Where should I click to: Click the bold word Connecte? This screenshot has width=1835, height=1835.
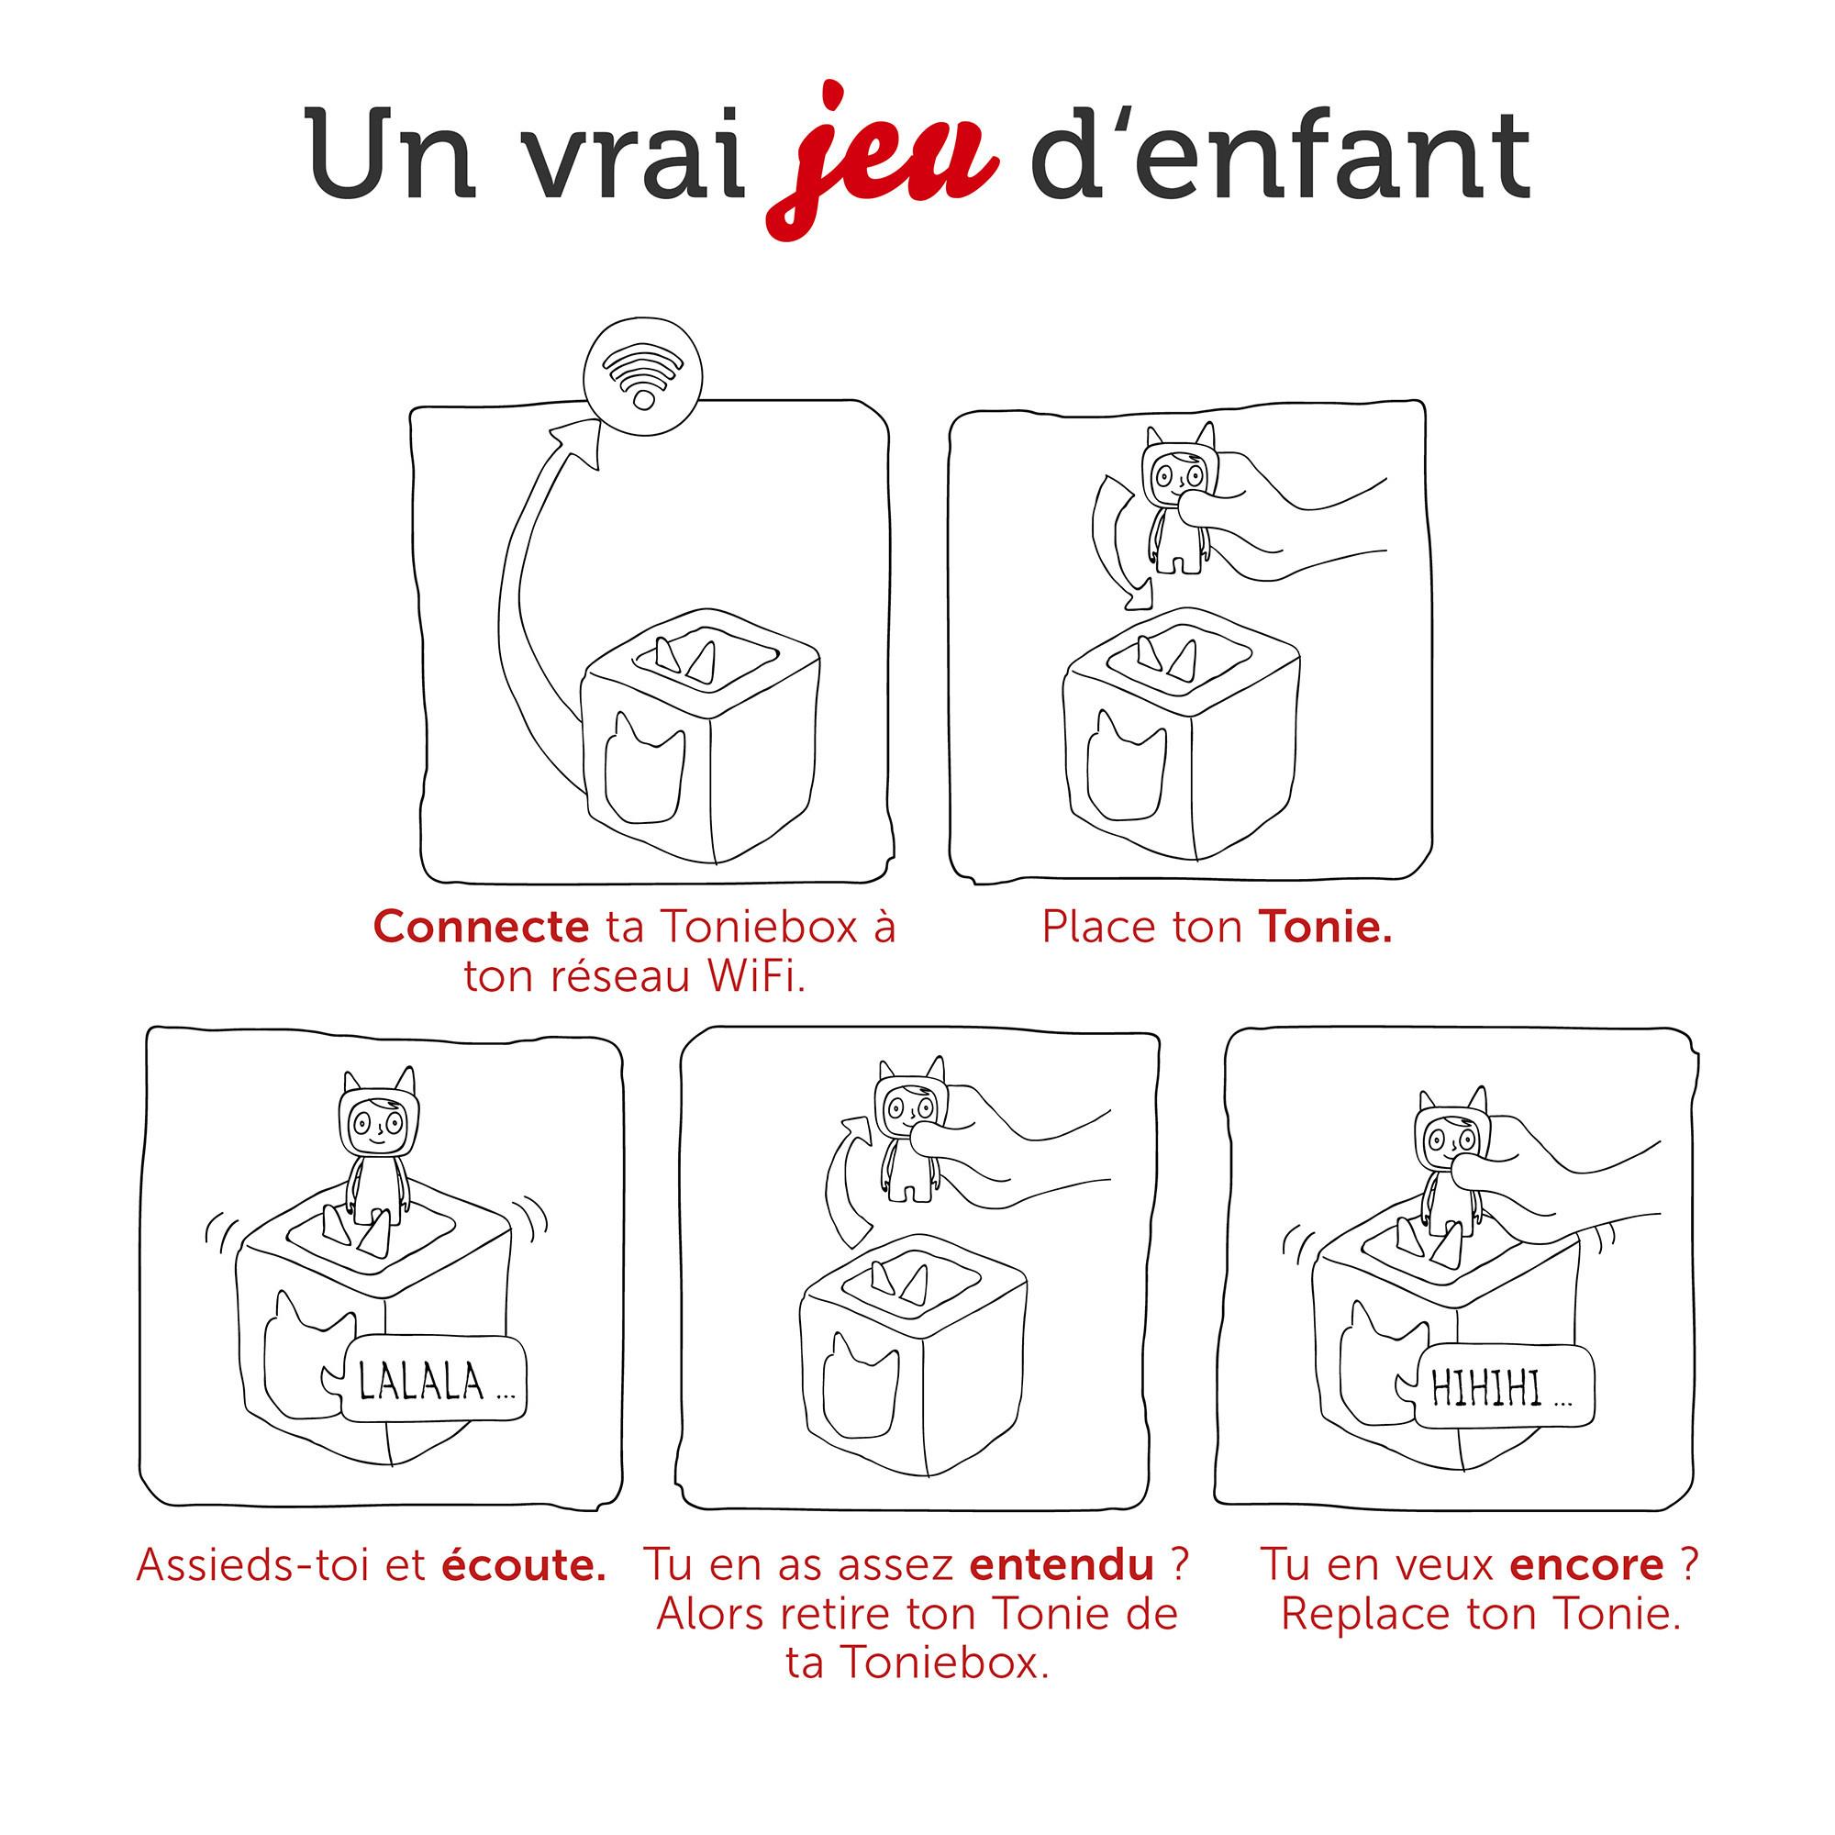coord(481,927)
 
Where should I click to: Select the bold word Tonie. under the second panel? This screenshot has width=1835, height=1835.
coord(1325,927)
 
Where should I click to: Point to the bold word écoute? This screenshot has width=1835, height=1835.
coord(523,1565)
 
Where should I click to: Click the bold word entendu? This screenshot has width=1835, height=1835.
coord(1061,1565)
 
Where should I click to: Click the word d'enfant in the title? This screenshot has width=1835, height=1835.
coord(1279,157)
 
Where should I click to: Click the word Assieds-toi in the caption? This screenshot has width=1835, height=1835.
coord(255,1565)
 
